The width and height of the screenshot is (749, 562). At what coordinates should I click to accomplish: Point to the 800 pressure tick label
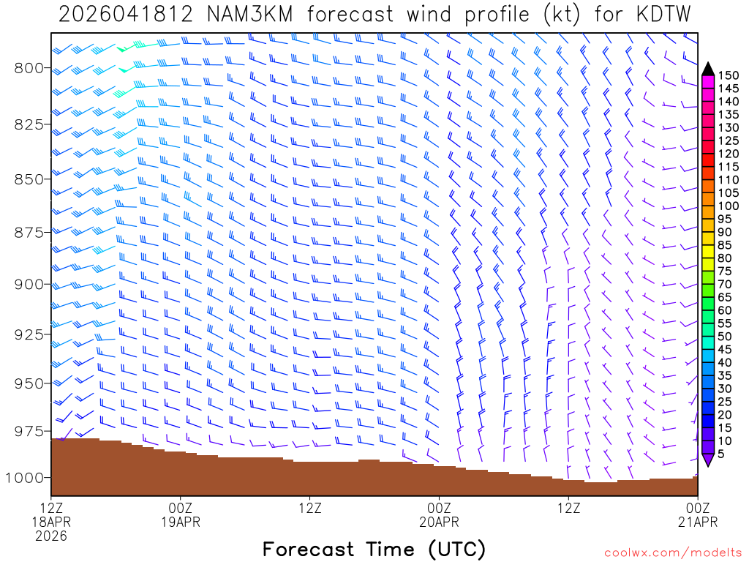click(29, 68)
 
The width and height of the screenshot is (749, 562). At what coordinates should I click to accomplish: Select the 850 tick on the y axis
click(29, 179)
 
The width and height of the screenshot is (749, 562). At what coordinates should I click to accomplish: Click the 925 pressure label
click(29, 334)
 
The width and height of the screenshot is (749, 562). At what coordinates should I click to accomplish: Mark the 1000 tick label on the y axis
click(24, 477)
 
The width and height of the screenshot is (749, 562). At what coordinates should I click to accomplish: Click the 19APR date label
click(181, 522)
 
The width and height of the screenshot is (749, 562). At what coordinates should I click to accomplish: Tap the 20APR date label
click(439, 522)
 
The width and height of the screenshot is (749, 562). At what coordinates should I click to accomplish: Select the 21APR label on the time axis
click(698, 522)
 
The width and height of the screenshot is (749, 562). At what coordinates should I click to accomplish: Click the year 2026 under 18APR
click(51, 536)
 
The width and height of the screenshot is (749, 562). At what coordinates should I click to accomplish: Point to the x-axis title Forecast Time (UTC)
click(374, 549)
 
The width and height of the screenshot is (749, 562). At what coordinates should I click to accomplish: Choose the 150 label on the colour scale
click(729, 75)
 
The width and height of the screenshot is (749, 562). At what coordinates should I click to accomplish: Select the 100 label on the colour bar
click(729, 206)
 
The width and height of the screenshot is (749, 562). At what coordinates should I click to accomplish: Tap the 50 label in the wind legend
click(724, 337)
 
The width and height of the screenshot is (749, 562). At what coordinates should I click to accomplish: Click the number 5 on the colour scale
click(721, 454)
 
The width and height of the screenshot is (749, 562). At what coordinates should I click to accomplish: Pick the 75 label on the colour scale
click(724, 271)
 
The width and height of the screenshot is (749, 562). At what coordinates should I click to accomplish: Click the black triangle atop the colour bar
click(707, 69)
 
